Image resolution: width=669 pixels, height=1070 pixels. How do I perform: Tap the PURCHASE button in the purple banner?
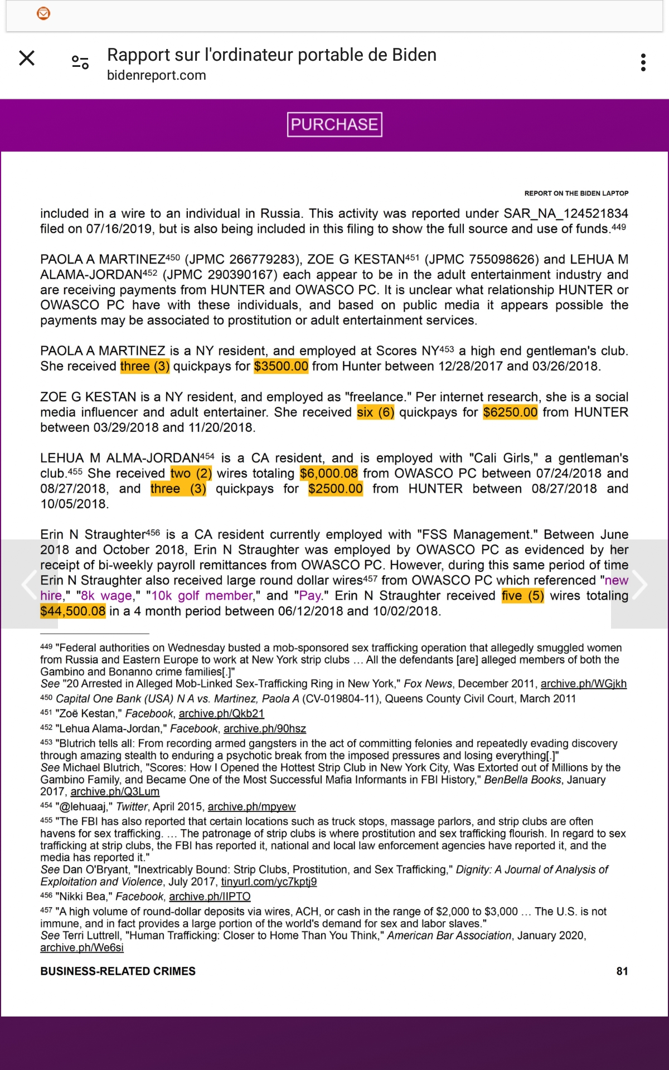pyautogui.click(x=334, y=124)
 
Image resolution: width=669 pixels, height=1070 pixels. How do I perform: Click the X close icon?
pyautogui.click(x=27, y=58)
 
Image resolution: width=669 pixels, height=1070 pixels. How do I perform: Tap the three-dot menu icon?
pyautogui.click(x=643, y=62)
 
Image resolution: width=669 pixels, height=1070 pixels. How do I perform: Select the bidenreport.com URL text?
pyautogui.click(x=157, y=75)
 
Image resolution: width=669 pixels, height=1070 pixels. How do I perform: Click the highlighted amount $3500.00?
pyautogui.click(x=281, y=366)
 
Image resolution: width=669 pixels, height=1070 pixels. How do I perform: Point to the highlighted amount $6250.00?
pyautogui.click(x=510, y=412)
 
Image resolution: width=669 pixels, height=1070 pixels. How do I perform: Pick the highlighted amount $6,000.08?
pyautogui.click(x=328, y=474)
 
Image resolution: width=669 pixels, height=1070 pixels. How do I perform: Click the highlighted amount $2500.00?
pyautogui.click(x=335, y=489)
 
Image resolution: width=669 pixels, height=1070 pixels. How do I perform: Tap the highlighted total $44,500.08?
pyautogui.click(x=73, y=611)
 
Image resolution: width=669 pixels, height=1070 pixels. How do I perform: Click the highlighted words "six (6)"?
pyautogui.click(x=375, y=412)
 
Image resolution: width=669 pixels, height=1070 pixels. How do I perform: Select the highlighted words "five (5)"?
pyautogui.click(x=522, y=596)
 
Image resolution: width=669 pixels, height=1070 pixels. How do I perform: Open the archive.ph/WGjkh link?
pyautogui.click(x=583, y=684)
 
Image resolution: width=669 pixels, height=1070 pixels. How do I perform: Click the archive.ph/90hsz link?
pyautogui.click(x=265, y=728)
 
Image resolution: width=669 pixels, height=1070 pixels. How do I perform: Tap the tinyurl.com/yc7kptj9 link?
pyautogui.click(x=269, y=882)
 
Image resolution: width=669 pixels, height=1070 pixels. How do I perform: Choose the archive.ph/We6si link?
pyautogui.click(x=82, y=947)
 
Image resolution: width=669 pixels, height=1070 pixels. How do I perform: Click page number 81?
pyautogui.click(x=622, y=971)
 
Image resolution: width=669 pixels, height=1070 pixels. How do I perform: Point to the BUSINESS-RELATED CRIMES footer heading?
pyautogui.click(x=118, y=971)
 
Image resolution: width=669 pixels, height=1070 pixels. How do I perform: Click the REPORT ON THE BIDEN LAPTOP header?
pyautogui.click(x=576, y=193)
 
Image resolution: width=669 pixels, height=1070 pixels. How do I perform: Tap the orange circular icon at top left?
pyautogui.click(x=43, y=13)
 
